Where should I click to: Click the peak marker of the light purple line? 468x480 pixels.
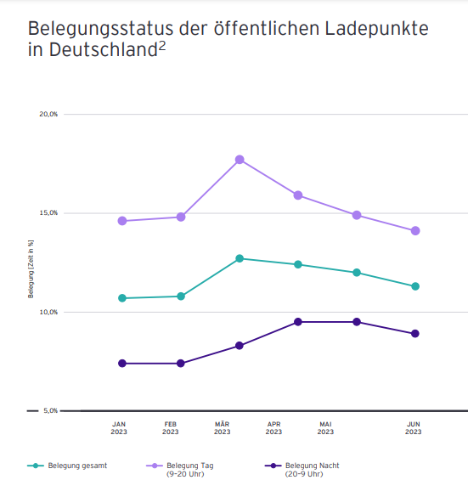[240, 160]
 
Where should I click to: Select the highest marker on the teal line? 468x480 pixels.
[240, 258]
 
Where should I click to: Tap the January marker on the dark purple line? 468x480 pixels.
[122, 364]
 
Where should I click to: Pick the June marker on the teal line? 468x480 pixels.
[415, 286]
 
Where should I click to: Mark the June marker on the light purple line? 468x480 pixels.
[415, 231]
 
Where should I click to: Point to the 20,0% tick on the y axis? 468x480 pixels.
[48, 114]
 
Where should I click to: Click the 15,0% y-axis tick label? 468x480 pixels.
[48, 213]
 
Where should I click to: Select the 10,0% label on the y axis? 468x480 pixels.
[48, 312]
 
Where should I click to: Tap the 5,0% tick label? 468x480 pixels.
[50, 411]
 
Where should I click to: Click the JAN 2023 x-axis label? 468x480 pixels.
[119, 427]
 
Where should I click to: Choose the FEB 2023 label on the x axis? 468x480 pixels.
[171, 427]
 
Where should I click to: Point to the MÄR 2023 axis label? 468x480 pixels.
[223, 427]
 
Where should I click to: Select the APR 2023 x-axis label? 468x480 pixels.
[274, 427]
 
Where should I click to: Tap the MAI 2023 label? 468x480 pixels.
[326, 427]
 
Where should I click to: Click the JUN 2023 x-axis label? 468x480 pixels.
[413, 427]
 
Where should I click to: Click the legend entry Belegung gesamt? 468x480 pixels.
[76, 466]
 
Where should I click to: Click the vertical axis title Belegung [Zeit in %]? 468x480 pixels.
[31, 268]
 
